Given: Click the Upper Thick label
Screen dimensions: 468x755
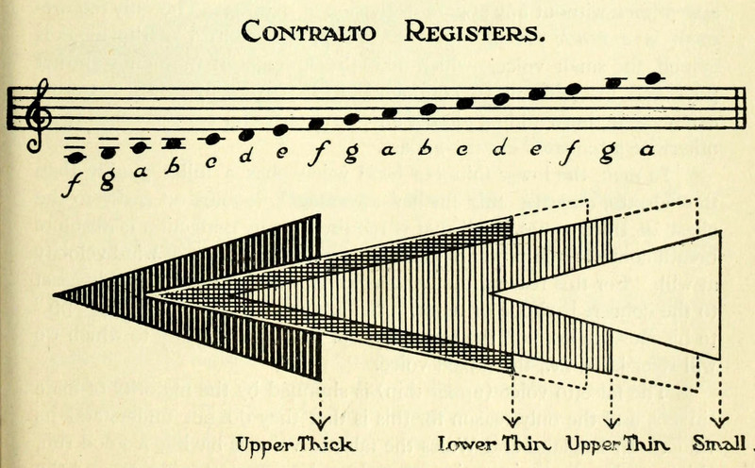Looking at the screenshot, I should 295,442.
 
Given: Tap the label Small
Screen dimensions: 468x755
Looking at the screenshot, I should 721,442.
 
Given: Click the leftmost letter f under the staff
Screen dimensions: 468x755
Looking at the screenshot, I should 71,182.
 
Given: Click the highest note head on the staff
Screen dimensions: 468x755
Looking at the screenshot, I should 648,78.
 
